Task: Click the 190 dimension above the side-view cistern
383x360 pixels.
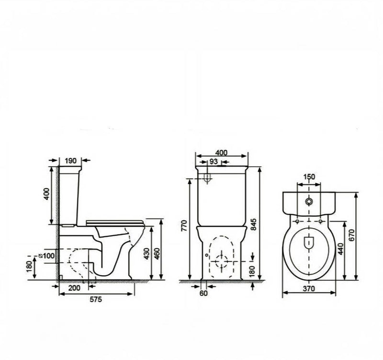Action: pos(70,161)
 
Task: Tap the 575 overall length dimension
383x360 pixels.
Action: pos(95,299)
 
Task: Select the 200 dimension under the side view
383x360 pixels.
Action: pos(74,288)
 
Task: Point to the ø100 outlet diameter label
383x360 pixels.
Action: pos(46,256)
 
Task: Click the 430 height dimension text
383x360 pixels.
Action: pos(146,254)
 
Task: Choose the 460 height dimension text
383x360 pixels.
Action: pos(157,254)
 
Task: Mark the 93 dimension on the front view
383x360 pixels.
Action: pos(214,162)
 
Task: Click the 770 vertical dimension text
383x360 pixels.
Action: pos(184,225)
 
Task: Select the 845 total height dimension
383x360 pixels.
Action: pos(254,224)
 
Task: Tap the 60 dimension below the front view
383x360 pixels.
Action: pos(203,293)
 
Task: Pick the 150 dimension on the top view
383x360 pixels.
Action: pos(309,176)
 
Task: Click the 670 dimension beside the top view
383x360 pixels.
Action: pos(351,235)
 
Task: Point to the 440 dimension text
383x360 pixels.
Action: pos(340,249)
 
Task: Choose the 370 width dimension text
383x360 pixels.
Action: pos(309,289)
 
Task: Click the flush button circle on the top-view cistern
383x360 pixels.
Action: pos(309,201)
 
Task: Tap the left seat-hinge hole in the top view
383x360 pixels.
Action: pos(297,221)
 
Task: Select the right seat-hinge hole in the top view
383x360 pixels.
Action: pos(320,221)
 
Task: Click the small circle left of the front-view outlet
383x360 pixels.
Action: pos(207,255)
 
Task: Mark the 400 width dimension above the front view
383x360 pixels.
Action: pos(221,152)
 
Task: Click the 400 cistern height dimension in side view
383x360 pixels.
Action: pos(46,194)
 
